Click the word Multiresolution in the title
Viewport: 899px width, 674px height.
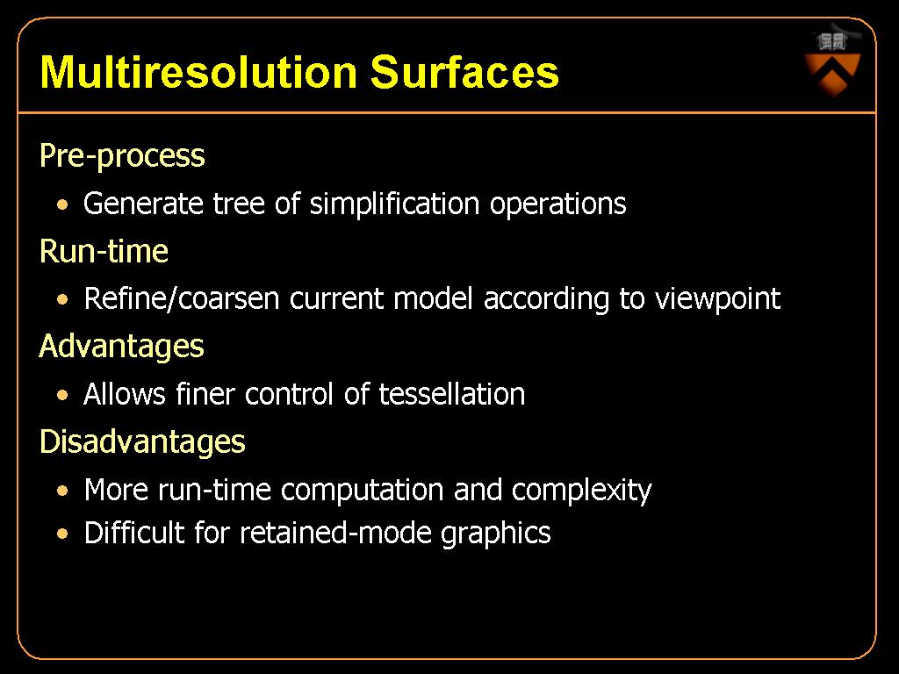point(198,72)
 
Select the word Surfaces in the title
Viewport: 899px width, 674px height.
point(464,72)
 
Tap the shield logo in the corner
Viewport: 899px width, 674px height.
point(832,63)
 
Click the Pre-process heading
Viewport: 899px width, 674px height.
point(122,156)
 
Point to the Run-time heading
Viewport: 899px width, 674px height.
point(104,251)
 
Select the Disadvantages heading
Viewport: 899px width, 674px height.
point(142,442)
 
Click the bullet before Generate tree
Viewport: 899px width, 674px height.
point(62,204)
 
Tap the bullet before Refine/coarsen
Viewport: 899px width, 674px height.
point(62,299)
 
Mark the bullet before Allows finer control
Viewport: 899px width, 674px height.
point(62,395)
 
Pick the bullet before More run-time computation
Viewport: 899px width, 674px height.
point(62,491)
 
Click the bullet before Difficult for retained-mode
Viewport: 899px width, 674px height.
point(62,534)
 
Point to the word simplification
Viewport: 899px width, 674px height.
point(394,204)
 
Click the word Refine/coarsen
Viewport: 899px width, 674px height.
point(182,299)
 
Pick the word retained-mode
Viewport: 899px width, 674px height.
point(334,533)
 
